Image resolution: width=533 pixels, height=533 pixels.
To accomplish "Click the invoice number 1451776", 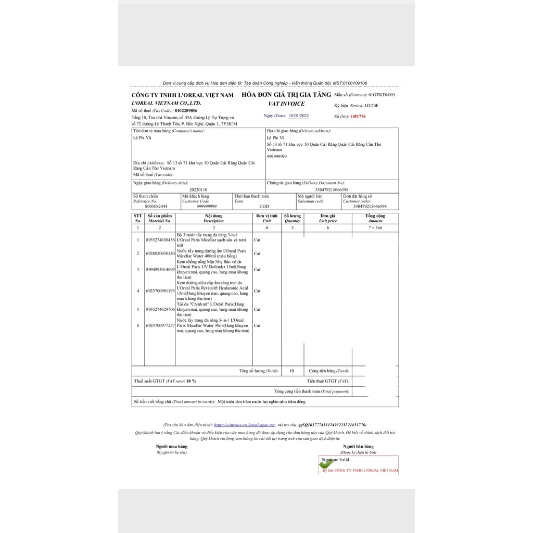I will [358, 117].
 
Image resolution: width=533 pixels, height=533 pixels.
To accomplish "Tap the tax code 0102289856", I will [186, 111].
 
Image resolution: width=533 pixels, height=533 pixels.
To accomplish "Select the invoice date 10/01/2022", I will [299, 116].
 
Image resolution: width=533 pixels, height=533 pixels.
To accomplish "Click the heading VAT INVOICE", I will [286, 104].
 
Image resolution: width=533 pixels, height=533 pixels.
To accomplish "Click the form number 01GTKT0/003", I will [382, 95].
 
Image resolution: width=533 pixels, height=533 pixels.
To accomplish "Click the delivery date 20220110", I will [198, 190].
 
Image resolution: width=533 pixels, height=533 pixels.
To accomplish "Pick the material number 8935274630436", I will [160, 240].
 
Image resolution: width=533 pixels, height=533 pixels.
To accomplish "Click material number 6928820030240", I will [160, 253].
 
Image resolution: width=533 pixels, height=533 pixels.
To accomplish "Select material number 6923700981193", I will [160, 290].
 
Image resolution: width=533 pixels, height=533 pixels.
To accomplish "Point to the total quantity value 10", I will [291, 371].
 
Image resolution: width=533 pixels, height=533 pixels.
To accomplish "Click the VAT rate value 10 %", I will [191, 382].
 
